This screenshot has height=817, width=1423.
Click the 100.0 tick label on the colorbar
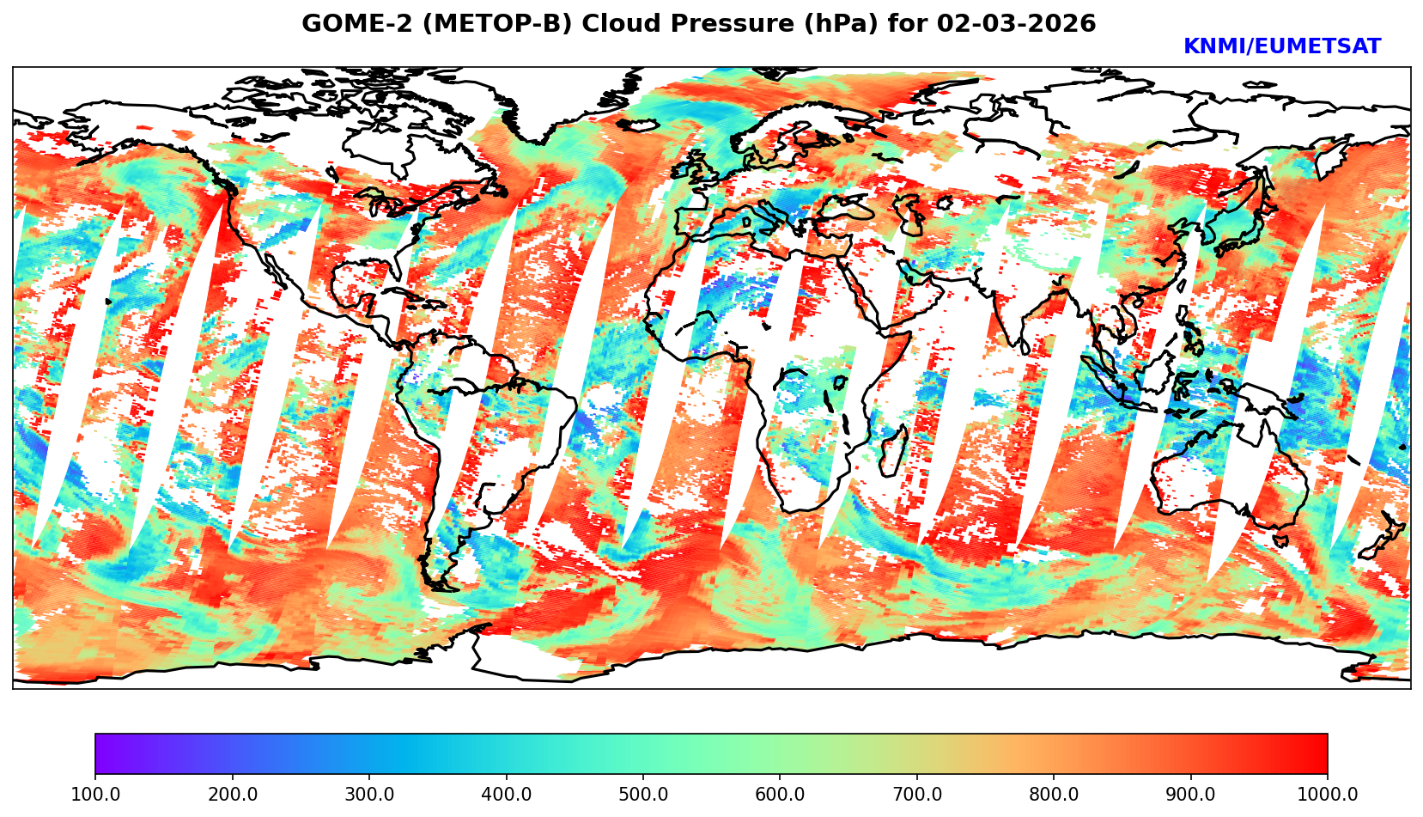point(95,794)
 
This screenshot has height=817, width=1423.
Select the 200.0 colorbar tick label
point(232,794)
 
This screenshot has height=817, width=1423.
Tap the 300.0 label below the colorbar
point(369,794)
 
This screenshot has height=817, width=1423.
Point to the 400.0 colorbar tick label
point(506,794)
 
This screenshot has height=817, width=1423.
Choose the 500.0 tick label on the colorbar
point(643,794)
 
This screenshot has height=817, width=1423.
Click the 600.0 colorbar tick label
point(780,794)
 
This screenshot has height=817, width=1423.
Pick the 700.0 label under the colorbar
point(917,794)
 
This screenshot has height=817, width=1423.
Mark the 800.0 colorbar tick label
point(1054,794)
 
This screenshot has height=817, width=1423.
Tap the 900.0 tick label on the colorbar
point(1191,794)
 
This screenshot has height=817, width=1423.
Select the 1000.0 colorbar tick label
point(1327,794)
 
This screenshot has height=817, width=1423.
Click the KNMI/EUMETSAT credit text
point(1281,47)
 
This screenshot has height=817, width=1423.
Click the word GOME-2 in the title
point(347,24)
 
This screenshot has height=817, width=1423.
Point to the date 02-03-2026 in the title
point(1017,24)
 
